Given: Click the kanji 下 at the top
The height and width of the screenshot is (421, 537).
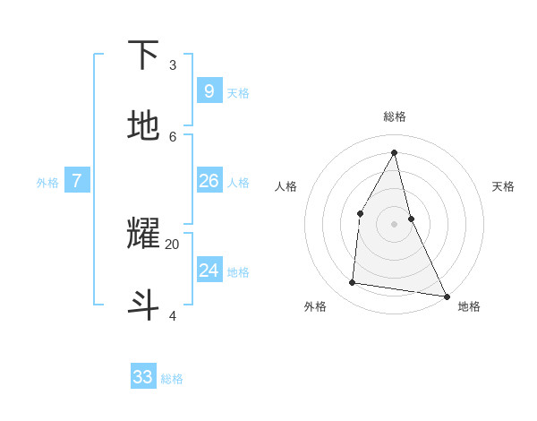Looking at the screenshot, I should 143,55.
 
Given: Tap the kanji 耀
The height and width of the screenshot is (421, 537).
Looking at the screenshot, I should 143,234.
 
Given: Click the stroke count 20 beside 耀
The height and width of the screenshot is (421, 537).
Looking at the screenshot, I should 172,244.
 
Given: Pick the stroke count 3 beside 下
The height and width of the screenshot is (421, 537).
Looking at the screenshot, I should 173,64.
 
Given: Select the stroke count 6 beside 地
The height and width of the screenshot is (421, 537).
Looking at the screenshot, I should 173,136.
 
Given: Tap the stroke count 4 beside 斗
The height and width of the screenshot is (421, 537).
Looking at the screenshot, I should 173,315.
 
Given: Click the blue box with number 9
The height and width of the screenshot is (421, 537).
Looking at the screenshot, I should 209,90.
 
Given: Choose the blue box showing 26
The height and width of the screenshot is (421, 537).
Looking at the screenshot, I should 209,181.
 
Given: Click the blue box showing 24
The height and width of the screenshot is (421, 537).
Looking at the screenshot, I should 209,271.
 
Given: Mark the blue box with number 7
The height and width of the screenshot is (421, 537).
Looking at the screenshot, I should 77,181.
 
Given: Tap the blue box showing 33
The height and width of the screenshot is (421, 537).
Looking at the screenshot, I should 143,377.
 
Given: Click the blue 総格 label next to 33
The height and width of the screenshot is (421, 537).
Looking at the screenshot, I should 172,379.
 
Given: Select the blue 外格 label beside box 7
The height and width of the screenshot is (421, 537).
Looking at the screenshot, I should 47,183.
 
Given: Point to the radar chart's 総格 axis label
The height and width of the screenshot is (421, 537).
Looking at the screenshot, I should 395,116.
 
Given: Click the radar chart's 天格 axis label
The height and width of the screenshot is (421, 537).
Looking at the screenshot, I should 503,186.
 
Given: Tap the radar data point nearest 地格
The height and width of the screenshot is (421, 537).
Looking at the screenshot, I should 446,296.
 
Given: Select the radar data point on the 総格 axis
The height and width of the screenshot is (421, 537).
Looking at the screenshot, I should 395,151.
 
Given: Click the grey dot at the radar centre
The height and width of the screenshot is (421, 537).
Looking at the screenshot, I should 395,223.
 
